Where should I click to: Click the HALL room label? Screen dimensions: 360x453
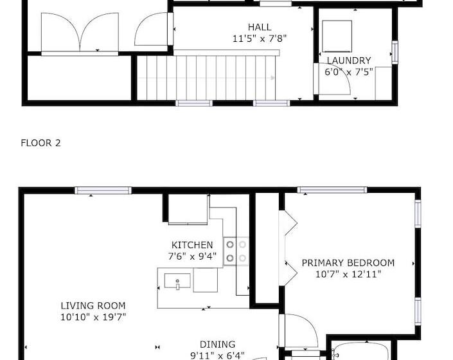coord(260,27)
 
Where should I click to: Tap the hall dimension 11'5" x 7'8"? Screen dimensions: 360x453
coord(260,38)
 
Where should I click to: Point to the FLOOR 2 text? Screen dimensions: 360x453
coord(40,143)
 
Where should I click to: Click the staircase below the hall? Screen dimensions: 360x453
coord(206,78)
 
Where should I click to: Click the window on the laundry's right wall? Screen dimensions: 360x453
coord(395,52)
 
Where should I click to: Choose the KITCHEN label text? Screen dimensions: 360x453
coord(192,245)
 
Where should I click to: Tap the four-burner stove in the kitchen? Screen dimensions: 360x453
coord(236,251)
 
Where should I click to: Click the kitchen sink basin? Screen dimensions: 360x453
coord(174,281)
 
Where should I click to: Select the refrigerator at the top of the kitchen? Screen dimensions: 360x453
coord(188,210)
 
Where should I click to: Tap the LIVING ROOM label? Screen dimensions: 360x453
coord(93,305)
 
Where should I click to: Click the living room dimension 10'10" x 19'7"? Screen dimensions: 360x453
coord(93,317)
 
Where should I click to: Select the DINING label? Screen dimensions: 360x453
coord(217,344)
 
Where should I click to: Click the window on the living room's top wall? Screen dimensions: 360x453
coord(103,190)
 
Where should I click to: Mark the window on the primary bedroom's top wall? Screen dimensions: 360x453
coord(332,190)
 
